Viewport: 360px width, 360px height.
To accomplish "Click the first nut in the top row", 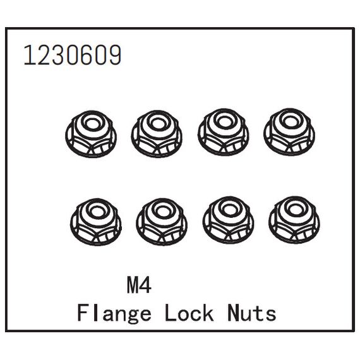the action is pos(91,134).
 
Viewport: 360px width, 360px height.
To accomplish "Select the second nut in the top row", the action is pos(157,134).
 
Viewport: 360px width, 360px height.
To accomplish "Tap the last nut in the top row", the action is pos(289,132).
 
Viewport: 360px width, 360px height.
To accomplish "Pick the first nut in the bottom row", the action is pos(96,222).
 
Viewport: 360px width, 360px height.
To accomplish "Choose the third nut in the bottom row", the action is pos(229,220).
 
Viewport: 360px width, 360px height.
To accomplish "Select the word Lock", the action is pos(189,312).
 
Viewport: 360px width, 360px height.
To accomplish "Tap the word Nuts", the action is pos(252,312).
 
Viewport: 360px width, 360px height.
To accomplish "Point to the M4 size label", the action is pos(139,285).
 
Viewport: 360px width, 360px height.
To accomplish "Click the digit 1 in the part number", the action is pos(29,55).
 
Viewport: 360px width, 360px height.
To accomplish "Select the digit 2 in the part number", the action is pos(44,55).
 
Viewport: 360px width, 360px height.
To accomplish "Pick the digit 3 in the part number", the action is pos(58,55).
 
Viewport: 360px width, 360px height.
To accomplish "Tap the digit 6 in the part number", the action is pos(87,55).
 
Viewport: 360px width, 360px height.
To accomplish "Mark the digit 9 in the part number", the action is pos(114,55).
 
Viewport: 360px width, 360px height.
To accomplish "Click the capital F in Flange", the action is pos(83,312).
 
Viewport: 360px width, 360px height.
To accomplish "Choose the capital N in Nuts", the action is pos(234,312).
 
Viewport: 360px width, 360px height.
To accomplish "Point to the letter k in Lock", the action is pos(208,312).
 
